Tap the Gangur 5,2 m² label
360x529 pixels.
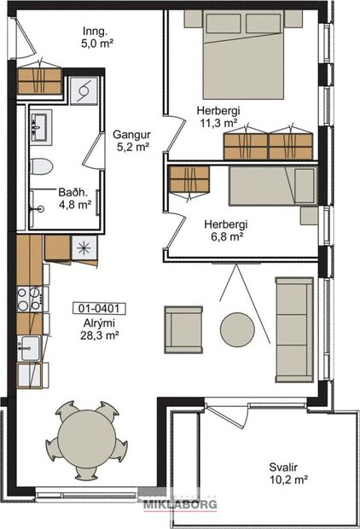[131, 141]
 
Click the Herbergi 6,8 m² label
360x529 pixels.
[226, 230]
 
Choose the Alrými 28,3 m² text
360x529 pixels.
[97, 330]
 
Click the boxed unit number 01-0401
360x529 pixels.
[96, 308]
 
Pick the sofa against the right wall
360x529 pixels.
[294, 328]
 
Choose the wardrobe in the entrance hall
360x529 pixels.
[39, 80]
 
